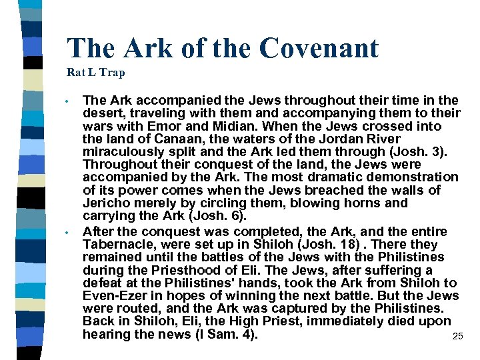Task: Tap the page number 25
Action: coord(457,337)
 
